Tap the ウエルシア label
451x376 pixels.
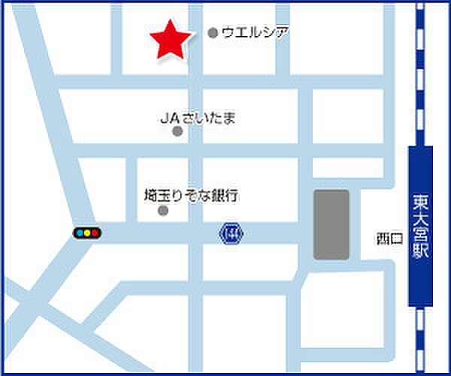[255, 32]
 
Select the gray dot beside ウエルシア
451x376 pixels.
[213, 33]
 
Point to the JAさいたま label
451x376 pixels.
[198, 117]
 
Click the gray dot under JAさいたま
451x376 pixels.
[178, 132]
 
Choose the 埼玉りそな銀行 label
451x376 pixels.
[191, 196]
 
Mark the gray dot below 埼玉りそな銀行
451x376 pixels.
[163, 211]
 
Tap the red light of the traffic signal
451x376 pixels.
[79, 233]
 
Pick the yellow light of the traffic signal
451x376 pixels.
[88, 233]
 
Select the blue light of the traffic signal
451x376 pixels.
[96, 233]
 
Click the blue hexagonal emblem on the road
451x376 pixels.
[231, 233]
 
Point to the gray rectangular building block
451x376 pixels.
[331, 225]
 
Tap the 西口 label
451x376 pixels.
[390, 239]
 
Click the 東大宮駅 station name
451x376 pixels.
[420, 226]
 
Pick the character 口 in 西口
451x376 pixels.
[398, 239]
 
